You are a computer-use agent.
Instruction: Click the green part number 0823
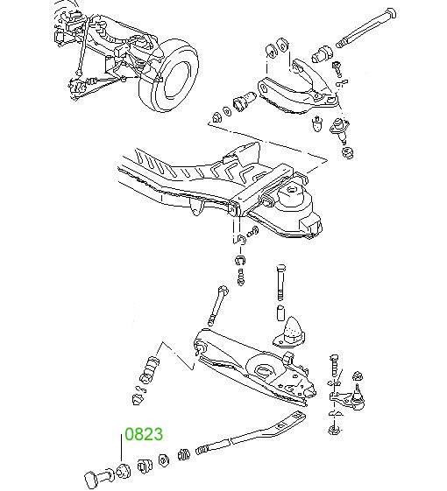click(144, 434)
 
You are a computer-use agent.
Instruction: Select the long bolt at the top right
click(366, 27)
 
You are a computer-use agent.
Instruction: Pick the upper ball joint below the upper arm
click(338, 128)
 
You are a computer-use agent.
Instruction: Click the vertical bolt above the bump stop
click(280, 283)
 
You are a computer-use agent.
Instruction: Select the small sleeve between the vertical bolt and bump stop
click(280, 312)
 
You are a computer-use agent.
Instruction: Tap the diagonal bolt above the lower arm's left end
click(218, 305)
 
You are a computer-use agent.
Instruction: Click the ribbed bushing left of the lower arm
click(149, 370)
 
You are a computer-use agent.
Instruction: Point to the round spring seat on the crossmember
click(291, 195)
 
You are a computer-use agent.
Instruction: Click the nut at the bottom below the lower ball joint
click(335, 430)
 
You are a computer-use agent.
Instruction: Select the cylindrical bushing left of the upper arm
click(245, 100)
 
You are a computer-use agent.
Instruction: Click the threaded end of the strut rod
click(204, 449)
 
